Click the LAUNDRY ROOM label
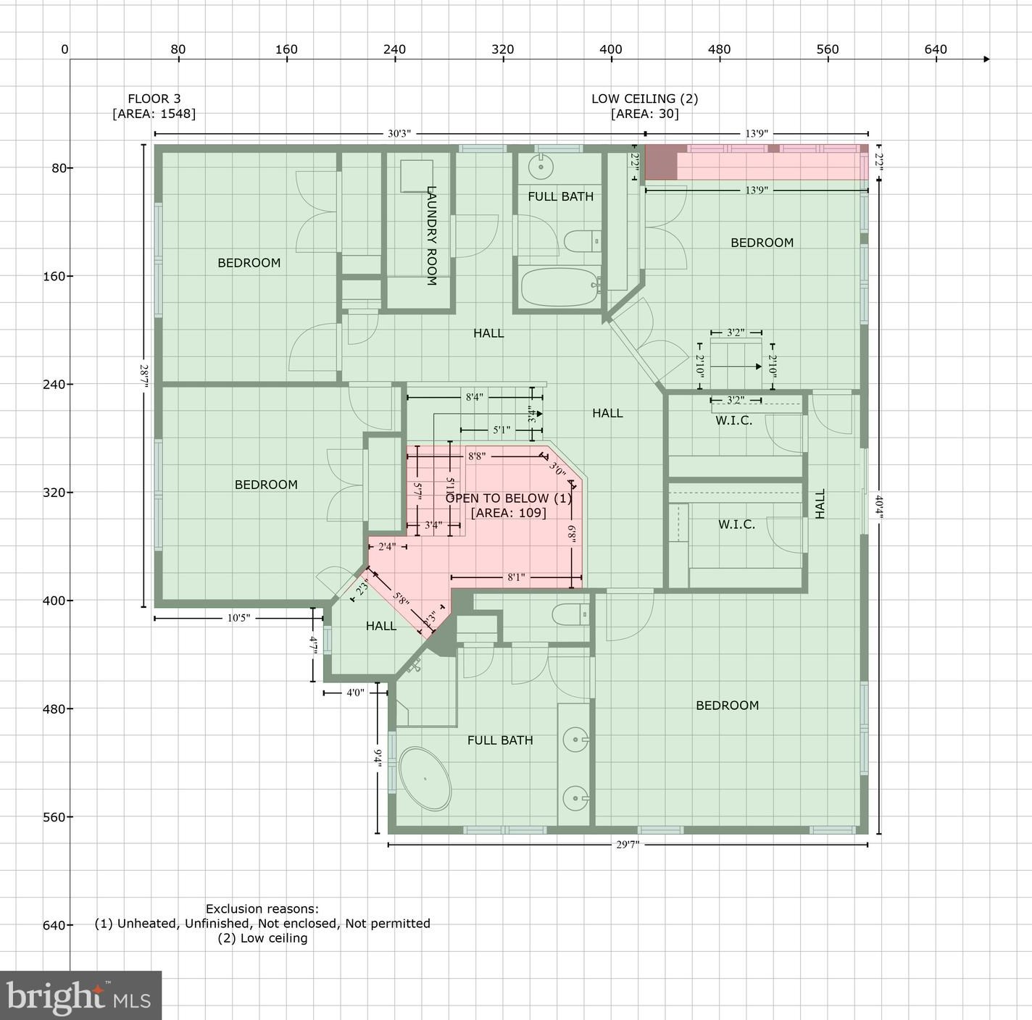coord(431,235)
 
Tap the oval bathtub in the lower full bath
coord(425,779)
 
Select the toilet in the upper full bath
coord(582,241)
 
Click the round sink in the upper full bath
coord(540,167)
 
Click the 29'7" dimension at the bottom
coord(628,845)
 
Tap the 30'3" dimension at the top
coord(399,134)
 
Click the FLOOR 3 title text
coord(154,99)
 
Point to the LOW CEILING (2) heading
coord(644,99)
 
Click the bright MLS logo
coord(80,996)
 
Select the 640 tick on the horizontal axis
coord(936,49)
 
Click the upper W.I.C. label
coord(733,420)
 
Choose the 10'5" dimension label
coord(238,618)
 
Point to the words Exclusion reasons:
coord(262,908)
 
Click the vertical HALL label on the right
coord(820,503)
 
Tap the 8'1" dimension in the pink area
coord(515,577)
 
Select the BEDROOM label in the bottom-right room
coord(727,706)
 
